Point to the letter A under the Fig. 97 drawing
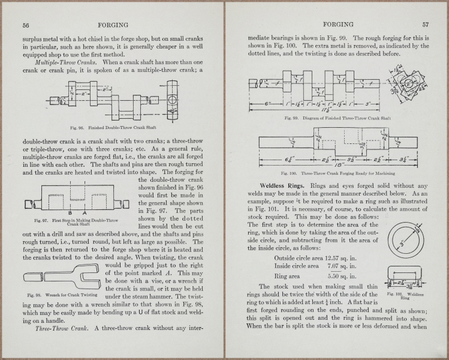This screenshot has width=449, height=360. (x=85, y=213)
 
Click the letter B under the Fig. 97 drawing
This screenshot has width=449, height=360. (x=70, y=213)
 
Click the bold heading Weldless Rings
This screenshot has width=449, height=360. (x=284, y=185)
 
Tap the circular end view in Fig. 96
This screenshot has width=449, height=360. (x=173, y=99)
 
